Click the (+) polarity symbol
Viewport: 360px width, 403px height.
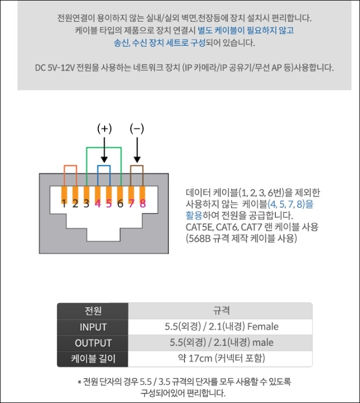(104, 128)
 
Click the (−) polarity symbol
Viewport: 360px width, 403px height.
(137, 128)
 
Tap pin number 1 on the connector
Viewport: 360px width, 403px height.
(63, 203)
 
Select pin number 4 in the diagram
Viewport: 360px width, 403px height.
(97, 203)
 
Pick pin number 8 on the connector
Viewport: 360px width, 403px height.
(143, 203)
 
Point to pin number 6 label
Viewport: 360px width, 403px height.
(120, 203)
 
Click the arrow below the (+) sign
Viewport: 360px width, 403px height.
(104, 149)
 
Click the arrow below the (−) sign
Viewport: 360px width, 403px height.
(137, 149)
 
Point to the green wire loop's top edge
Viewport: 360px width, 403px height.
(104, 147)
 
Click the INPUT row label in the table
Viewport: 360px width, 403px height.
(93, 327)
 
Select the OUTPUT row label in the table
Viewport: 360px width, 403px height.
(93, 343)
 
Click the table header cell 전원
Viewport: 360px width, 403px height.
(93, 310)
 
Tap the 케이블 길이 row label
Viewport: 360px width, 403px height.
(93, 359)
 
